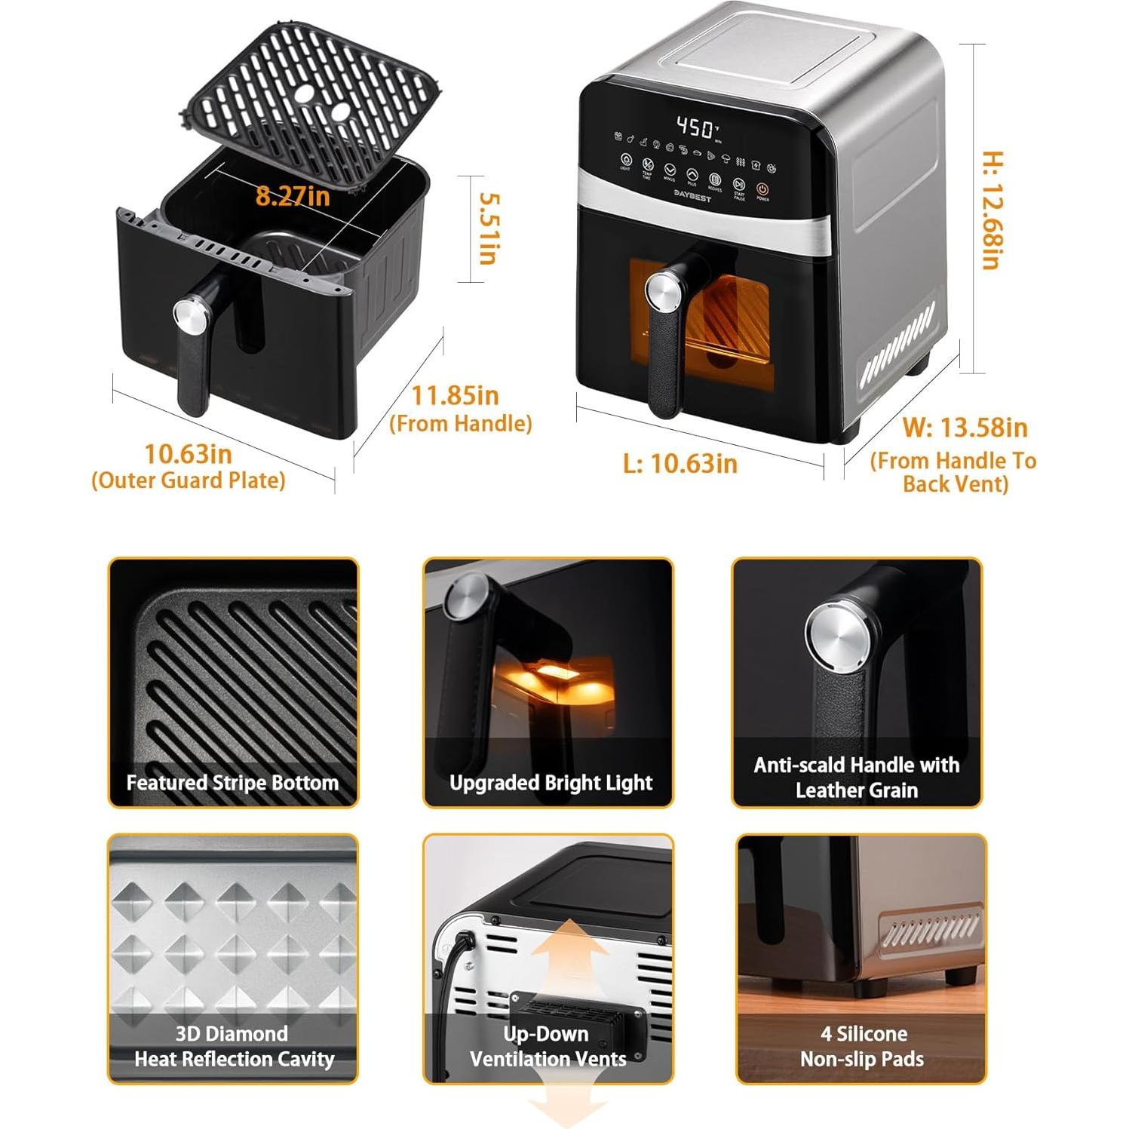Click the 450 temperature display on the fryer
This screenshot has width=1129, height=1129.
(694, 127)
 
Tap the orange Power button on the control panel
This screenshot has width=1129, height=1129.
(762, 189)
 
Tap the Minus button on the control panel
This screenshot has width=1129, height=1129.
(670, 171)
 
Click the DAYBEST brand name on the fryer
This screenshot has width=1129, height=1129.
(692, 193)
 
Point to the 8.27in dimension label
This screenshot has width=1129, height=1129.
(293, 196)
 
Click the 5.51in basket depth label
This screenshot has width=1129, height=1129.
(489, 229)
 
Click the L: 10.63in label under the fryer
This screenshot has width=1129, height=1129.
(680, 462)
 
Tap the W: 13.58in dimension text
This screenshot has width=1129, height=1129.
(965, 428)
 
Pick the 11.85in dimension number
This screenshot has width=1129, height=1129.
(455, 395)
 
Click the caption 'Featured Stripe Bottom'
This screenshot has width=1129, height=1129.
(232, 782)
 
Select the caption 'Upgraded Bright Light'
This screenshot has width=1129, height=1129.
(551, 782)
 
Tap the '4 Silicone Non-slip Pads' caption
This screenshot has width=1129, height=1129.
(861, 1046)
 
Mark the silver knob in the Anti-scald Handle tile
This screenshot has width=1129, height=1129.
(838, 638)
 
